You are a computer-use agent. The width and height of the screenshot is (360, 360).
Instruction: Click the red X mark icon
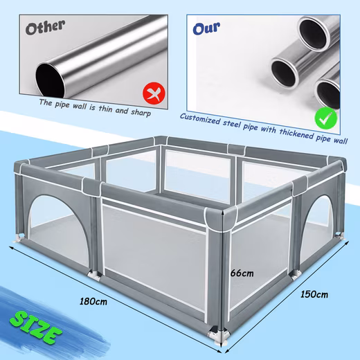[x=154, y=93]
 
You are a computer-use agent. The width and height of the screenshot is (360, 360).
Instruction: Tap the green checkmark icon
[x=326, y=118]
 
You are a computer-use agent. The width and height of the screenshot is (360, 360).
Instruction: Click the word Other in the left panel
[x=45, y=27]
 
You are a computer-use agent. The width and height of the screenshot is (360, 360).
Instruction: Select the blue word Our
[x=206, y=28]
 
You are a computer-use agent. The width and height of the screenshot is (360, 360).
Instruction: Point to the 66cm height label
[x=242, y=273]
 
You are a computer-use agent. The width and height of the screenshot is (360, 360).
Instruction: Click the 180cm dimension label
[x=93, y=301]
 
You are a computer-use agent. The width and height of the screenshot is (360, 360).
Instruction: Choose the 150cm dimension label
[x=314, y=294]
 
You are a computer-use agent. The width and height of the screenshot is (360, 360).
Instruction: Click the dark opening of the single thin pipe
[x=51, y=80]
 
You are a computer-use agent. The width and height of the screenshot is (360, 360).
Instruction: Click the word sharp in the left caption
[x=141, y=113]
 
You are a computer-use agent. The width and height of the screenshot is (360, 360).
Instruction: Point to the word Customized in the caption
[x=200, y=119]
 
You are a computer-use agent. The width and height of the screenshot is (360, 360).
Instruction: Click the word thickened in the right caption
[x=296, y=134]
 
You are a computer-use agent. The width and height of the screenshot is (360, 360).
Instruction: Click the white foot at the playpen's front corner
[x=217, y=335]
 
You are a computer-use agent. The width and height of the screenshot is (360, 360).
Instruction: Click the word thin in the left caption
[x=106, y=109]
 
